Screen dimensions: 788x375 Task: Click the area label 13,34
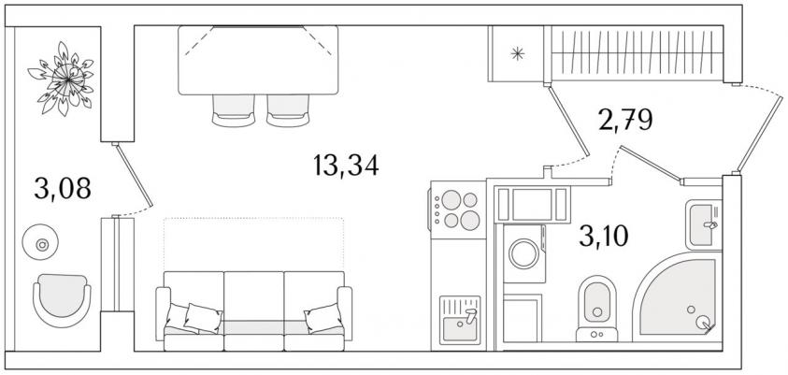click(346, 166)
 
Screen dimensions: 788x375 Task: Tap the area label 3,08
click(63, 188)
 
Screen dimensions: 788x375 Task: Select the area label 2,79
click(625, 120)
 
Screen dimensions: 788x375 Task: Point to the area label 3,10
click(604, 236)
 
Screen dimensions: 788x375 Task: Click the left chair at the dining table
click(233, 110)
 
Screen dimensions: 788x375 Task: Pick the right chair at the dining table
click(288, 110)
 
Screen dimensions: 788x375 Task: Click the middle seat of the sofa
click(254, 310)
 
